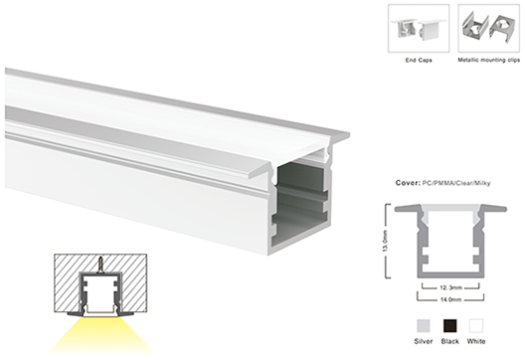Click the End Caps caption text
coord(419,61)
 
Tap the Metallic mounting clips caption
coord(488,60)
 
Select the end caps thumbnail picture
coord(419,29)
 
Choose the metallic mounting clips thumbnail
coord(488,29)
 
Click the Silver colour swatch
coord(423,326)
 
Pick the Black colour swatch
coord(449,326)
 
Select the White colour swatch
coord(476,326)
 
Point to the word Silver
coord(424,341)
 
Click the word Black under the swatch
coord(449,341)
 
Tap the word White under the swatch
coord(476,341)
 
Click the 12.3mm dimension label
coord(450,287)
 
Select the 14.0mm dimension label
coord(450,299)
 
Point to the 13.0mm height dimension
coord(386,241)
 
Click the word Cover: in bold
coord(408,183)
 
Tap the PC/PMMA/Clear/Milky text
coord(456,183)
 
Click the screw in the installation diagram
coord(100,264)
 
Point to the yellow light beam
coord(100,335)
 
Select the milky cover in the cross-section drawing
coord(450,212)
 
